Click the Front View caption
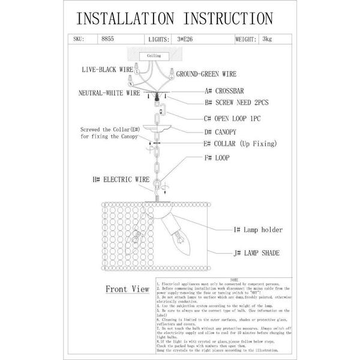[127, 289]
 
